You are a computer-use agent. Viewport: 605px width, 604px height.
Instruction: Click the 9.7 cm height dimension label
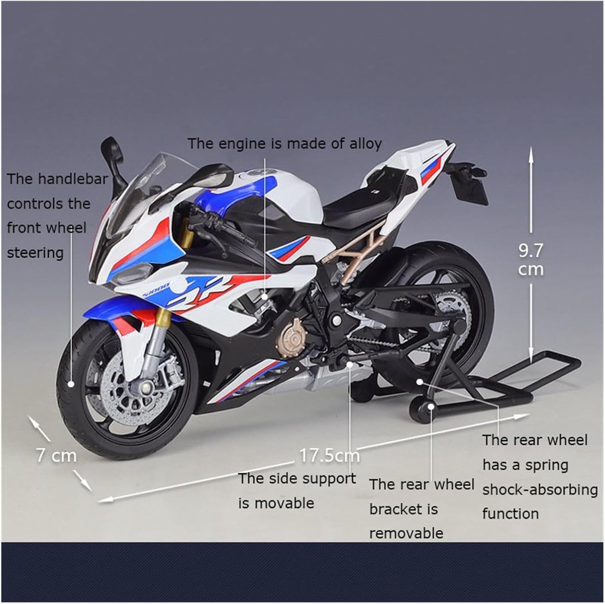pos(530,260)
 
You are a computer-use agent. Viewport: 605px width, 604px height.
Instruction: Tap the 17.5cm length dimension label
pos(329,455)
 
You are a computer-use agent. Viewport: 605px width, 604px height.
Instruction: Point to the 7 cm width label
pos(56,455)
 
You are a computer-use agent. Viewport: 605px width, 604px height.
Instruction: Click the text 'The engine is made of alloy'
pos(284,143)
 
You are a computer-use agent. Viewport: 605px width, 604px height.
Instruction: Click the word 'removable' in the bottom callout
pos(406,533)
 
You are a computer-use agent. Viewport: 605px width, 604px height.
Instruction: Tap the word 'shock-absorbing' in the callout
pos(540,490)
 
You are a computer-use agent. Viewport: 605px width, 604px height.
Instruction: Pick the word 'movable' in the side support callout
pos(285,503)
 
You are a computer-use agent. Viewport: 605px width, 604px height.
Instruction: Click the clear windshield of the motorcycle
pos(149,181)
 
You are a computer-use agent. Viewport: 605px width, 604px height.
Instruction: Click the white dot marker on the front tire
pos(71,384)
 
